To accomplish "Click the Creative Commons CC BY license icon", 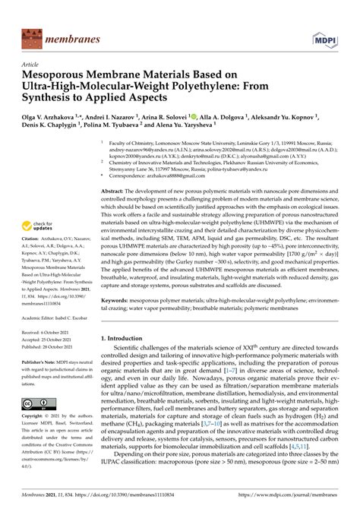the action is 37,403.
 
